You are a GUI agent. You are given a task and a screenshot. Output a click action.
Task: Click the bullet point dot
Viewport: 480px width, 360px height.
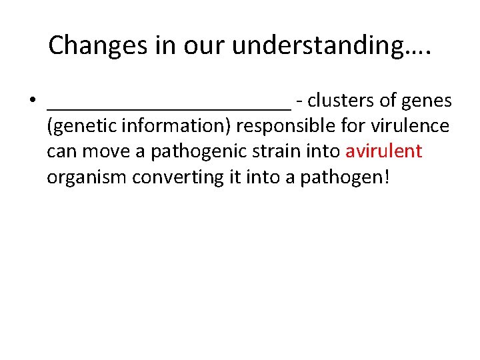tap(32, 102)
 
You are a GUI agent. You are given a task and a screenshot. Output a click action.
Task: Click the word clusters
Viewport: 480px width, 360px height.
tap(341, 101)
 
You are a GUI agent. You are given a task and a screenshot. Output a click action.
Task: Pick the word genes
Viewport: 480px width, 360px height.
tap(426, 101)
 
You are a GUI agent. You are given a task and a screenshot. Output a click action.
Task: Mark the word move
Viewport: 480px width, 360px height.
tap(106, 151)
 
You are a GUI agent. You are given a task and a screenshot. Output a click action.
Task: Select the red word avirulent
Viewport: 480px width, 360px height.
tap(383, 151)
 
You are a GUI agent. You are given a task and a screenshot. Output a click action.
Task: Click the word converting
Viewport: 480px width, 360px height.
tap(185, 177)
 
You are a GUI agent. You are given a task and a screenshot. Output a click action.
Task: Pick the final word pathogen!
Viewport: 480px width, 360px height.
tap(351, 177)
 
